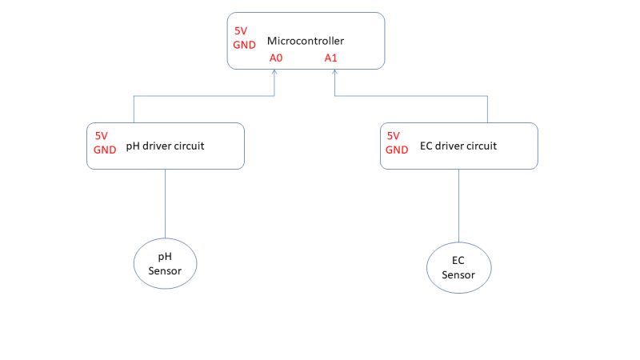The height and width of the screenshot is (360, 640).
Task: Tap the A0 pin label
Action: [276, 58]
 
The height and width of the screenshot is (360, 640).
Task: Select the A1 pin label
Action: [331, 58]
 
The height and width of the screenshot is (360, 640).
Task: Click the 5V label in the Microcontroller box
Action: [241, 31]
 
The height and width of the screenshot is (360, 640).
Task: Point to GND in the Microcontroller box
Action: [245, 45]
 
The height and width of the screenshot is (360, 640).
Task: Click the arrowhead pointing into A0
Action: [275, 73]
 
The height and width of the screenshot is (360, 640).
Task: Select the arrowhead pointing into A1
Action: [334, 73]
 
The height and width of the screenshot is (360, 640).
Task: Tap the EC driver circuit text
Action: [458, 146]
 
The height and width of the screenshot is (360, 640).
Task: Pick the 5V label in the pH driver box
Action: [102, 136]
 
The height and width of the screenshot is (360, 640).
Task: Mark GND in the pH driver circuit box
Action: [106, 150]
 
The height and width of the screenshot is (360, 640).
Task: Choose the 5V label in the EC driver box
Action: [394, 136]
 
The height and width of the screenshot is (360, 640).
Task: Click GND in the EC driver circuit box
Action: [398, 150]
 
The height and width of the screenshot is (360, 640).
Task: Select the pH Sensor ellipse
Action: [164, 263]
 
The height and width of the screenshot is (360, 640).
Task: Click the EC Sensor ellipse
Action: [458, 267]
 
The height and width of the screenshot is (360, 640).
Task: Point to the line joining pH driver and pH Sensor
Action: [165, 204]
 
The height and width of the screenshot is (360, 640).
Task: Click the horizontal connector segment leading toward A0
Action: [204, 97]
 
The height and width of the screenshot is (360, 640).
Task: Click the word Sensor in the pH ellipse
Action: [164, 270]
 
